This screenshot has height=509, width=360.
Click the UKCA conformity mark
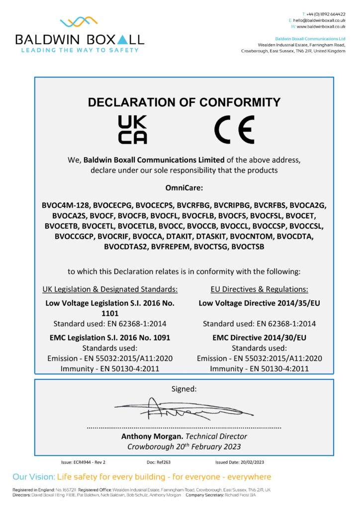(x=132, y=130)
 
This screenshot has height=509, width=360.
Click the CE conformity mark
(x=234, y=130)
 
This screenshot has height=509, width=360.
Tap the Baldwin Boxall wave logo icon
(x=79, y=22)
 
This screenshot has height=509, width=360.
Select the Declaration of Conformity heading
(x=184, y=103)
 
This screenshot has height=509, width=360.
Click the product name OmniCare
(x=184, y=188)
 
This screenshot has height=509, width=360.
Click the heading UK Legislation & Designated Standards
(x=110, y=289)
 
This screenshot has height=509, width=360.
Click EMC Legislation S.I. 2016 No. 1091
(x=110, y=338)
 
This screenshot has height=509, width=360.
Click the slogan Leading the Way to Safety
(x=79, y=50)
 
